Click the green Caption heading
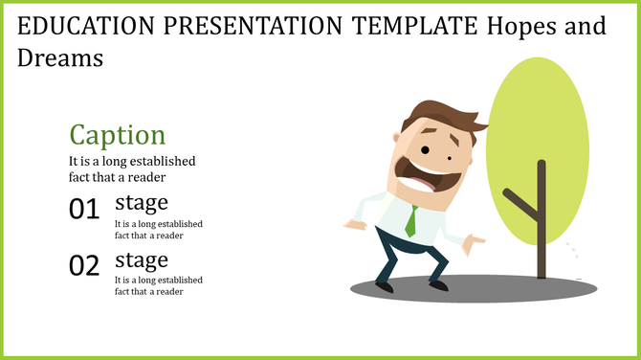pos(118,134)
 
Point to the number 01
pos(84,209)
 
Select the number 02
pos(84,265)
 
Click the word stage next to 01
pos(142,202)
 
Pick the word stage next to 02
pos(142,259)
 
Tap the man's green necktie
pos(410,222)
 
